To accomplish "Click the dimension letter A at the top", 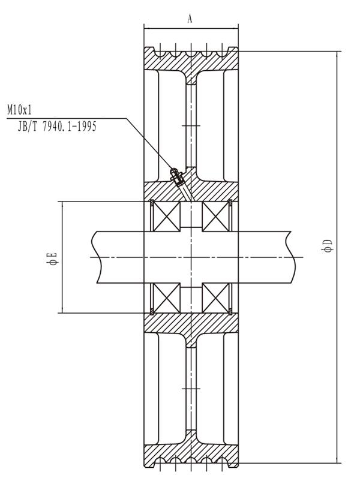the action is (190, 19).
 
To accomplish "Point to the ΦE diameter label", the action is (52, 258).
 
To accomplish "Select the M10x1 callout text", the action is (19, 110).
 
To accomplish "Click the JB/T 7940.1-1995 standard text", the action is (57, 126).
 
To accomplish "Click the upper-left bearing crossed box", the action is (167, 217).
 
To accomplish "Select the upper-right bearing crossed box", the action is (215, 217).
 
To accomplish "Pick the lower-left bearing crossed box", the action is (167, 297).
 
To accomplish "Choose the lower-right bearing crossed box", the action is (215, 297).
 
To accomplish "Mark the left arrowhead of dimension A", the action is (147, 29).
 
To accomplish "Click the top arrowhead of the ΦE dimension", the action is (62, 205).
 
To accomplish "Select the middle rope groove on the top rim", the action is (191, 54).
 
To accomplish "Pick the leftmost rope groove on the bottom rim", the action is (160, 461).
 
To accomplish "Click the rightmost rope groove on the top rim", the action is (221, 54).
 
